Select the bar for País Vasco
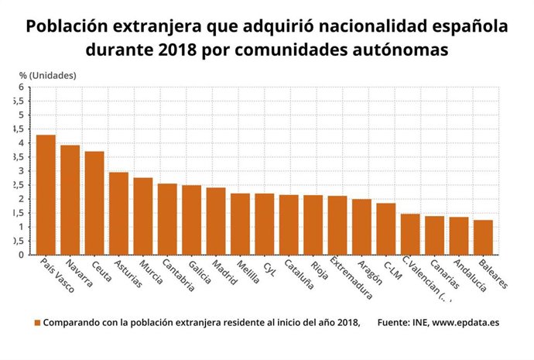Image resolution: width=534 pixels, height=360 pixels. coord(46,195)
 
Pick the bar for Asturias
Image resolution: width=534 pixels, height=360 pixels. coord(118,214)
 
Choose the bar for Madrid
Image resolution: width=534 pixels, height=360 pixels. coord(216,221)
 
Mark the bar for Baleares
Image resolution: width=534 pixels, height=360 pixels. coord(483,238)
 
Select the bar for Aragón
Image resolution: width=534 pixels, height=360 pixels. coord(361,227)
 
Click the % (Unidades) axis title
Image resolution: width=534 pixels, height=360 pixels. coord(47,75)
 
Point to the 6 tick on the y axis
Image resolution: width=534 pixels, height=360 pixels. coord(21,87)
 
